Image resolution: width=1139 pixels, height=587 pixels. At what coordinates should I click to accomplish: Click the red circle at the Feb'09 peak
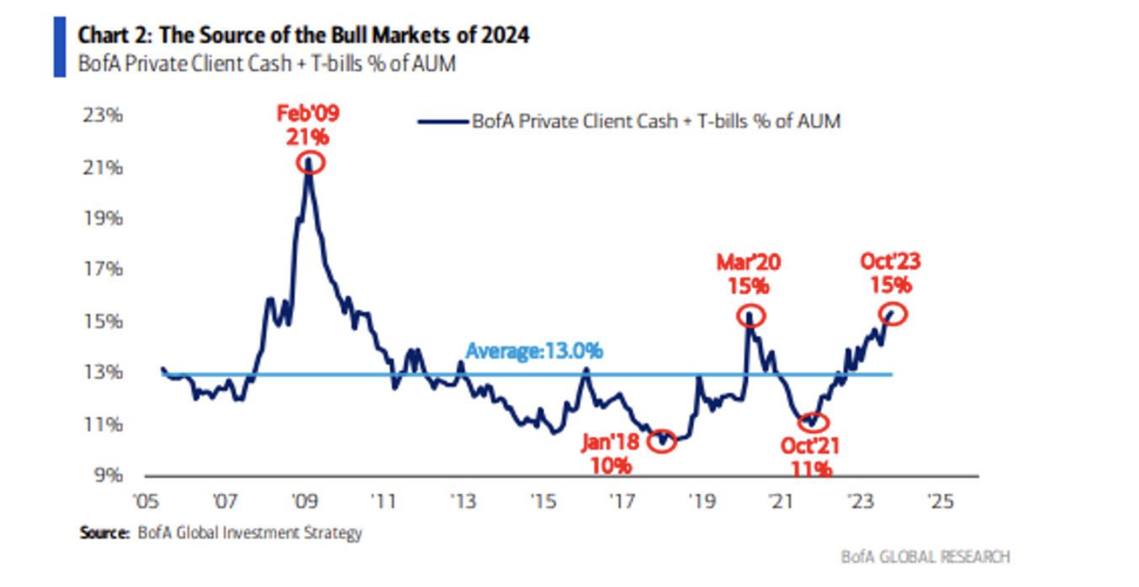(310, 161)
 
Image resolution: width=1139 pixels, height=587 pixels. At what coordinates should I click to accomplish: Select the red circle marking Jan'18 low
(663, 442)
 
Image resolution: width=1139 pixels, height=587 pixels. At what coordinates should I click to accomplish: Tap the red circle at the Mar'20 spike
(751, 316)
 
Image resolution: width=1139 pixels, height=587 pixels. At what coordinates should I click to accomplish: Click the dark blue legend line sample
(443, 121)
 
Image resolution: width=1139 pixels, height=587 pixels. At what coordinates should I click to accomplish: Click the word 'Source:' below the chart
(104, 532)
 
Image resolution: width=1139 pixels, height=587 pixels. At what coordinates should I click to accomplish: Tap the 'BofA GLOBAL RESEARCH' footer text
(925, 557)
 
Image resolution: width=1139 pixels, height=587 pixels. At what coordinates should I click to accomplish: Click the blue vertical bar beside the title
(59, 47)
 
